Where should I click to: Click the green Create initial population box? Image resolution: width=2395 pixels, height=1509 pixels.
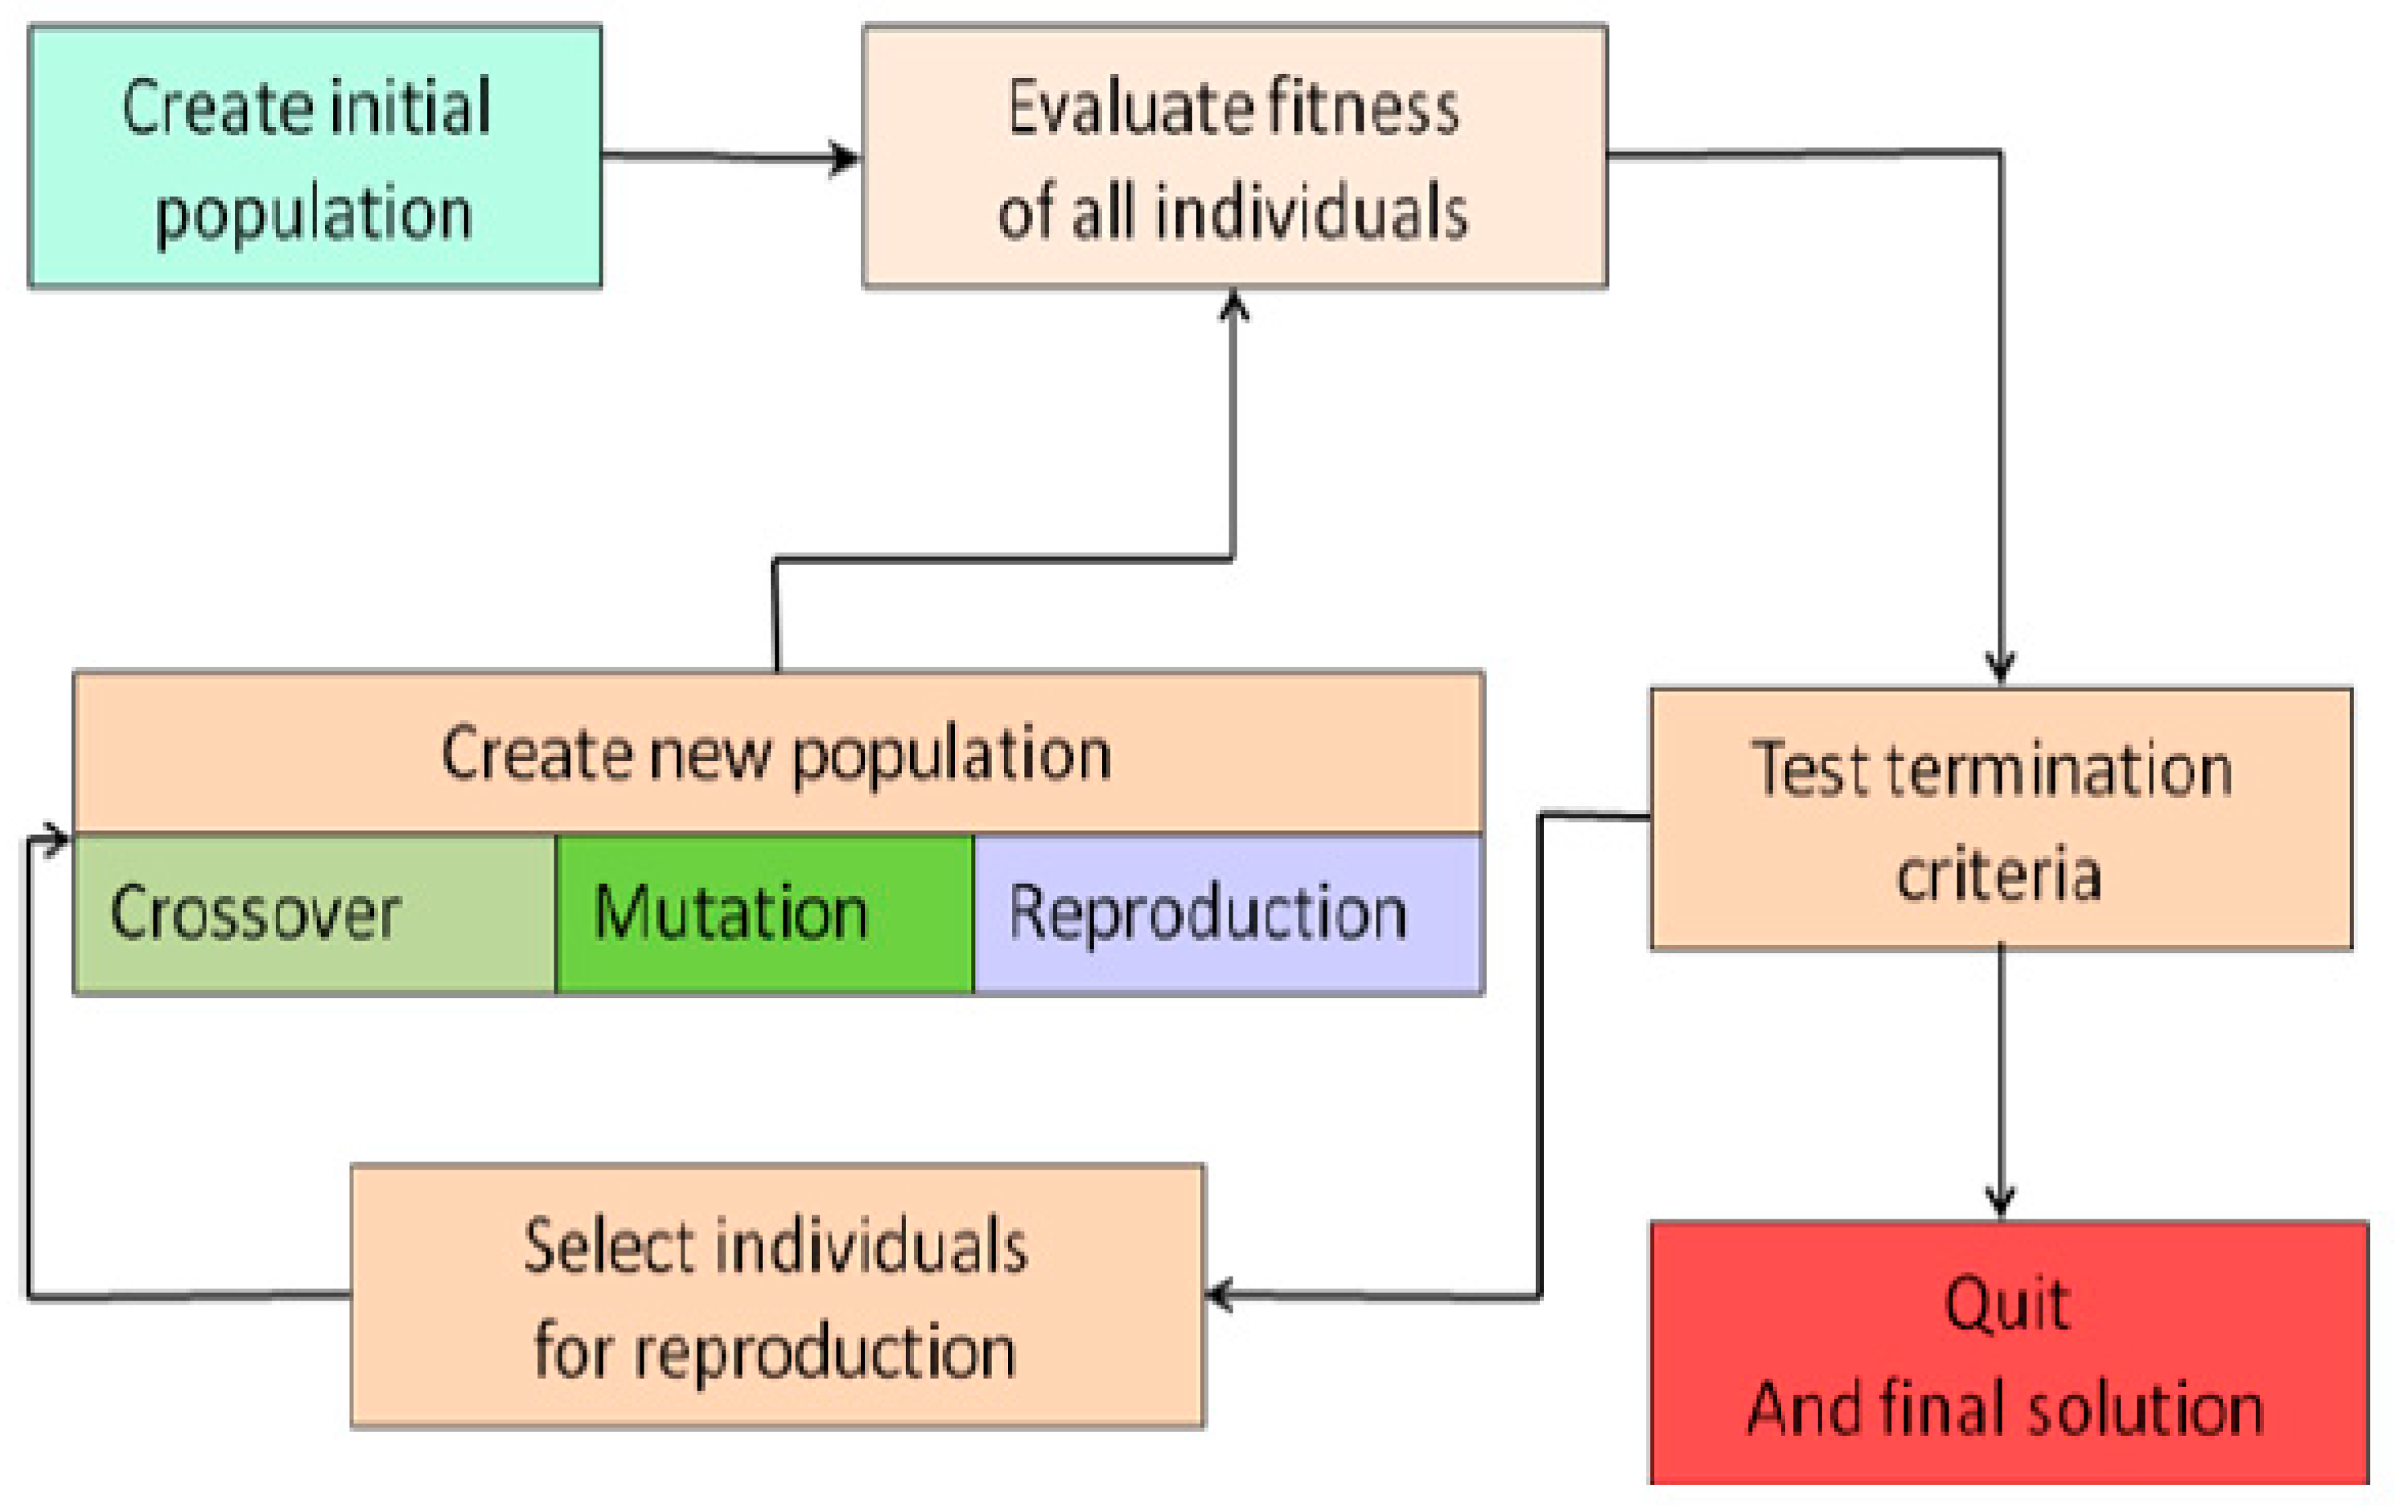(x=315, y=157)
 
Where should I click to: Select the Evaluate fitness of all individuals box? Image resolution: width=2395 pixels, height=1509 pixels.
(x=1234, y=157)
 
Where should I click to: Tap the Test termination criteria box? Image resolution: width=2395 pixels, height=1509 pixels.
(x=2001, y=819)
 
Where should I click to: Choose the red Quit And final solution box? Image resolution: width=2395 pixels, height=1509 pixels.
(x=2008, y=1353)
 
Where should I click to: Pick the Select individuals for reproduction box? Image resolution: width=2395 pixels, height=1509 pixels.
(x=778, y=1296)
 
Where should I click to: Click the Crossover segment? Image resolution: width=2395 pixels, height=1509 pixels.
(x=315, y=914)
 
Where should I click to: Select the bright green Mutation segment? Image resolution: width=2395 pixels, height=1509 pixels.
(x=763, y=914)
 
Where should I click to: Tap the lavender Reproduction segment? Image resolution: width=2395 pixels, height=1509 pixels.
(x=1228, y=914)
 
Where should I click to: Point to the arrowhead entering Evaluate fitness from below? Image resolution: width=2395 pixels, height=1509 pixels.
(x=1234, y=304)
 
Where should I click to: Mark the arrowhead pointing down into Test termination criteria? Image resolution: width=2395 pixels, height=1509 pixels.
(x=2000, y=667)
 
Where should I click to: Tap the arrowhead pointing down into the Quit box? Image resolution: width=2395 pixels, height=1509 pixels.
(x=2000, y=1201)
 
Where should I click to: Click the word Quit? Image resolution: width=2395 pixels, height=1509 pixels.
(x=2007, y=1305)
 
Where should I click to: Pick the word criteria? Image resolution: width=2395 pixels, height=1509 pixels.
(x=1999, y=874)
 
